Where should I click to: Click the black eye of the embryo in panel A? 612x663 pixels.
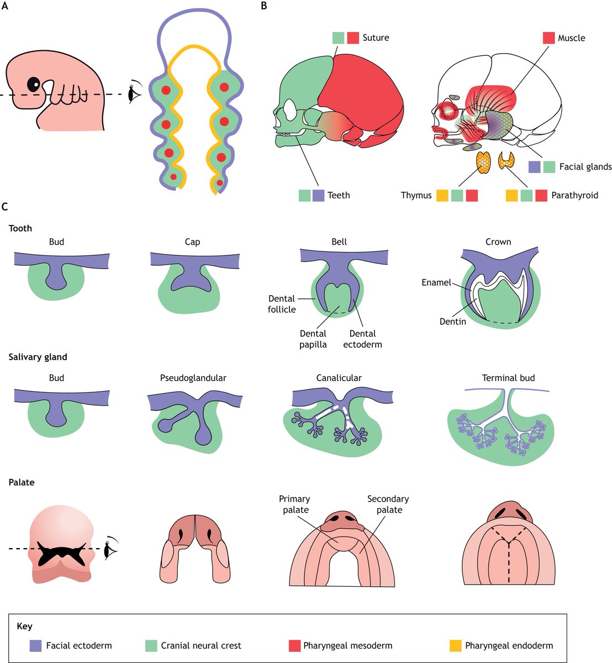coord(34,84)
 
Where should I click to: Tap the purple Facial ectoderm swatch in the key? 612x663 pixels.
coord(35,645)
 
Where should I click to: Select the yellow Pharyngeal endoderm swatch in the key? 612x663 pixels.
coord(455,645)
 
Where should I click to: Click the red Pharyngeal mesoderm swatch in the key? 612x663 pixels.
coord(295,645)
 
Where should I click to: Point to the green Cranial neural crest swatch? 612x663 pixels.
coord(151,645)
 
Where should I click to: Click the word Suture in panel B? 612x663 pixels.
coord(376,38)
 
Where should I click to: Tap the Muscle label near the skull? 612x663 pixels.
coord(571,38)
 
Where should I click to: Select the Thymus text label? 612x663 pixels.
coord(416,195)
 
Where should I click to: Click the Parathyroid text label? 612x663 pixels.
coord(574,195)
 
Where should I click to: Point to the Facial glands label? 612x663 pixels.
coord(585,166)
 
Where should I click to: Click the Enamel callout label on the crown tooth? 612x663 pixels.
coord(436,282)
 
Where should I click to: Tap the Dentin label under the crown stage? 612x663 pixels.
coord(452,321)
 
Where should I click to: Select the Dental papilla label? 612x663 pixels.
coord(313,339)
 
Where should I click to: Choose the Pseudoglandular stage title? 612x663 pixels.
coord(193,378)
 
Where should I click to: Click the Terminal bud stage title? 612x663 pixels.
coord(508,378)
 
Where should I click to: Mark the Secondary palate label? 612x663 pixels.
coord(388,504)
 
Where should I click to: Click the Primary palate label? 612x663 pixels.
coord(295,504)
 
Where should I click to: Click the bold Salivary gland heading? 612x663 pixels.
coord(38,357)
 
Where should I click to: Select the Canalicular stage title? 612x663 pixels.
coord(339,378)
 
